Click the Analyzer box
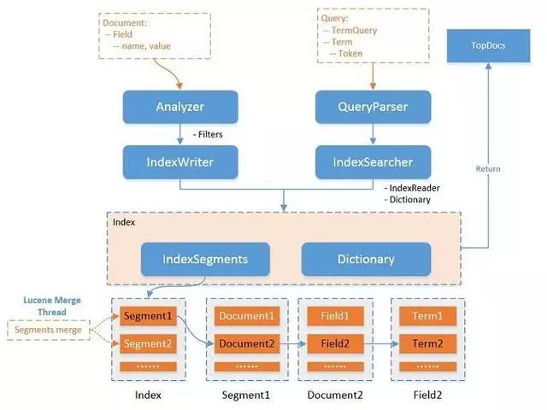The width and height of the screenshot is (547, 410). click(x=179, y=108)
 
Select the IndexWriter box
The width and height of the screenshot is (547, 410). click(x=179, y=161)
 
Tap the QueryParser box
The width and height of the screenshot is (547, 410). click(x=372, y=108)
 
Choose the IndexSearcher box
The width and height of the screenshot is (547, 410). click(x=372, y=161)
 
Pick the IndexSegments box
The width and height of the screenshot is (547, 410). click(x=206, y=258)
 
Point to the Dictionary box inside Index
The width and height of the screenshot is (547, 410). click(x=366, y=258)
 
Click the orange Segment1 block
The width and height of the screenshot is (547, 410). click(x=148, y=316)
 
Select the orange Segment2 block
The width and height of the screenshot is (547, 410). click(x=148, y=343)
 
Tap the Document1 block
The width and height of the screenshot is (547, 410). click(x=245, y=316)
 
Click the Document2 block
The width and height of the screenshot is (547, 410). click(x=245, y=343)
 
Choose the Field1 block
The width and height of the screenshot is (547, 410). click(x=336, y=316)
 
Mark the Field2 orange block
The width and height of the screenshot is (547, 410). click(x=336, y=343)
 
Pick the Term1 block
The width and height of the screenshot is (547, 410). click(x=427, y=316)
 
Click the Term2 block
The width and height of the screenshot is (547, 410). click(x=427, y=343)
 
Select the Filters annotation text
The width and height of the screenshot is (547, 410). click(x=209, y=134)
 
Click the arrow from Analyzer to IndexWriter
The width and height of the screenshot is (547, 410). click(x=179, y=134)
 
